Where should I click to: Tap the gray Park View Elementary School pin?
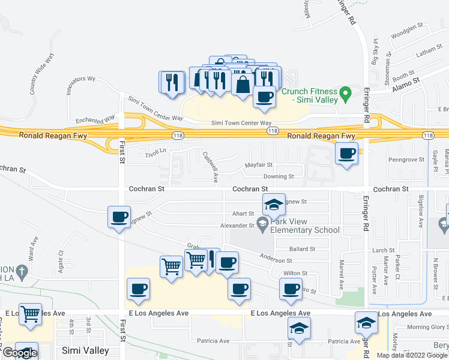click(x=262, y=223)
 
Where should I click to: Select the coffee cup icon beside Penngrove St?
click(x=347, y=154)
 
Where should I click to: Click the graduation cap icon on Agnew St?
click(x=273, y=205)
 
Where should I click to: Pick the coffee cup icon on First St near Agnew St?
click(x=119, y=216)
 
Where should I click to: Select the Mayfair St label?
click(x=259, y=164)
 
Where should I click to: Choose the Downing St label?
click(x=279, y=176)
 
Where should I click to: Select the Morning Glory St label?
click(x=426, y=327)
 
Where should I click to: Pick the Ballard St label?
click(x=302, y=248)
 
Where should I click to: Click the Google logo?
click(x=20, y=353)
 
